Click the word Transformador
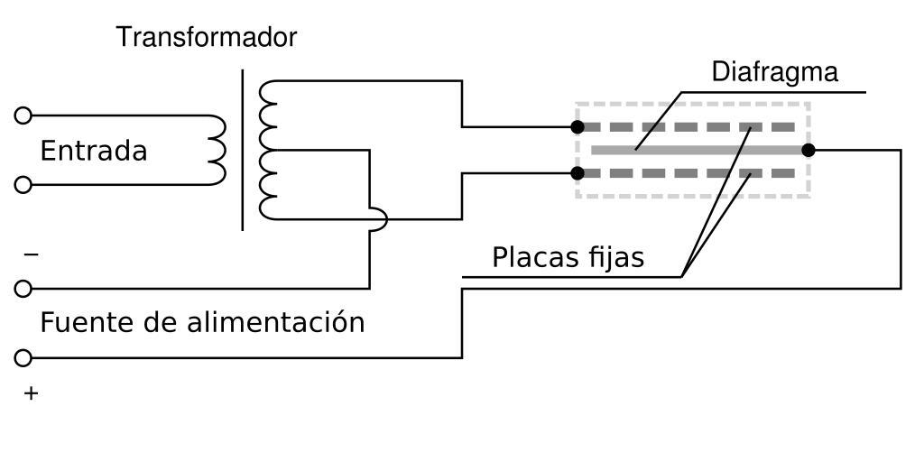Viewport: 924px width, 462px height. pyautogui.click(x=207, y=38)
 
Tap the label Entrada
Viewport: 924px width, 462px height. pyautogui.click(x=94, y=151)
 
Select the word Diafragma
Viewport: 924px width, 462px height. pyautogui.click(x=775, y=72)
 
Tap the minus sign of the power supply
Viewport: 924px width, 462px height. pyautogui.click(x=32, y=255)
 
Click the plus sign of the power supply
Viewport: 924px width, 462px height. pyautogui.click(x=32, y=393)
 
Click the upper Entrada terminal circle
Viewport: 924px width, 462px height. pyautogui.click(x=23, y=115)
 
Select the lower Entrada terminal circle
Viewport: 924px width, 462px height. pyautogui.click(x=23, y=185)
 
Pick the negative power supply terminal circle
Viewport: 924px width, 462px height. pyautogui.click(x=23, y=289)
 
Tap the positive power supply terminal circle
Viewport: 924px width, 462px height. pyautogui.click(x=23, y=358)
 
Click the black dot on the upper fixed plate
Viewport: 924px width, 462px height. pyautogui.click(x=577, y=127)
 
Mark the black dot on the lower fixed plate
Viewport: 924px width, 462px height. pyautogui.click(x=577, y=172)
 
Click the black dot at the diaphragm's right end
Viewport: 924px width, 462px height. pyautogui.click(x=808, y=150)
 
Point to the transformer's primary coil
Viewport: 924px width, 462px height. pyautogui.click(x=217, y=150)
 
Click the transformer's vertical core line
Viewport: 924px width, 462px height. pyautogui.click(x=242, y=150)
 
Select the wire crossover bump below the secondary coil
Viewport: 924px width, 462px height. pyautogui.click(x=379, y=219)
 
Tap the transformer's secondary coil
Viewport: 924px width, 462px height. pyautogui.click(x=267, y=150)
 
